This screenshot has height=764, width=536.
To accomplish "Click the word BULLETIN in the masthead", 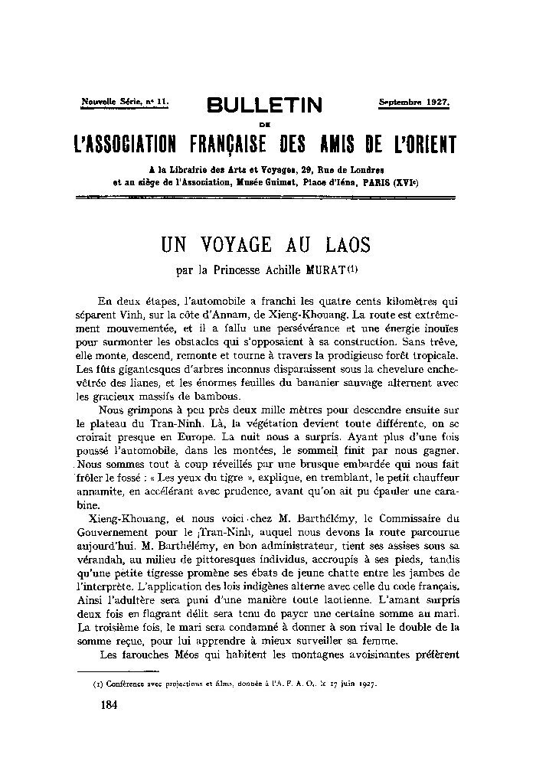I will point(267,106).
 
